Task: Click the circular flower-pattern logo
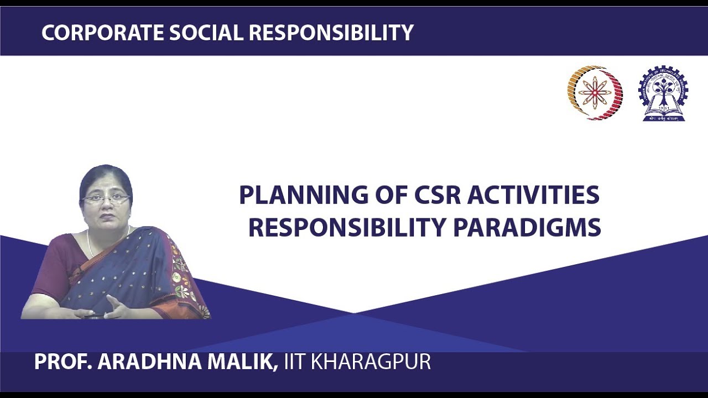tap(595, 92)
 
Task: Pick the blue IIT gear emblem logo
tap(663, 93)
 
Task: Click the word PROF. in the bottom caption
tap(63, 362)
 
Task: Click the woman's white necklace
tap(90, 243)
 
